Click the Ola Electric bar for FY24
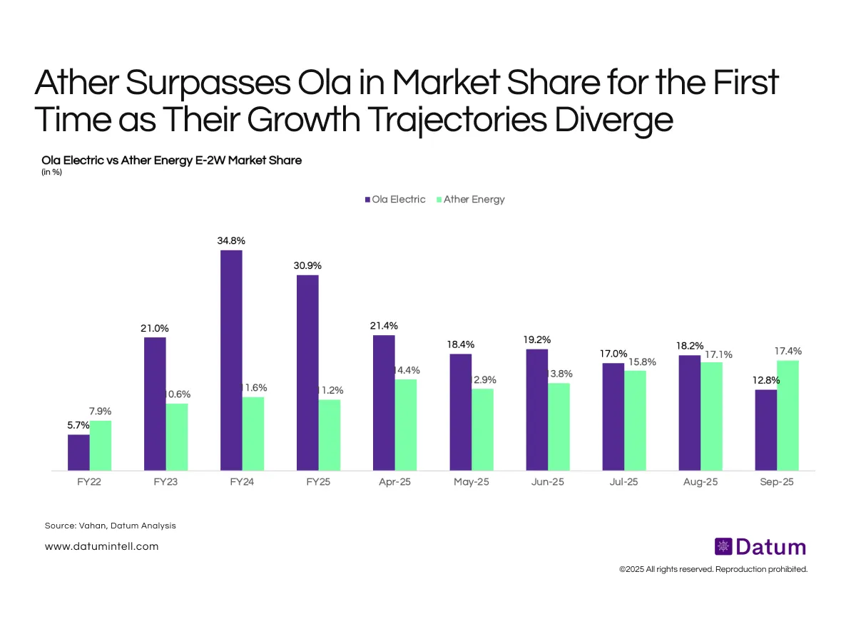(232, 360)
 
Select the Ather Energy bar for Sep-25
(788, 415)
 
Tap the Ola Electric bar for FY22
(78, 452)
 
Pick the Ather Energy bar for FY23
(177, 436)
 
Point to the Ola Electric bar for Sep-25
(765, 429)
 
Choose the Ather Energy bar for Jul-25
(635, 420)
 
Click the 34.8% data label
(231, 241)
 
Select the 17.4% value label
(788, 351)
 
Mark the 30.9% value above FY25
(307, 265)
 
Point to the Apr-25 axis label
(394, 482)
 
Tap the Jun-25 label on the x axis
(547, 482)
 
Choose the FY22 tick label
(89, 482)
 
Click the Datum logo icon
(723, 547)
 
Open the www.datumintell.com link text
(101, 546)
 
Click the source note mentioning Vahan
(110, 526)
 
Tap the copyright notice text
(713, 569)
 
